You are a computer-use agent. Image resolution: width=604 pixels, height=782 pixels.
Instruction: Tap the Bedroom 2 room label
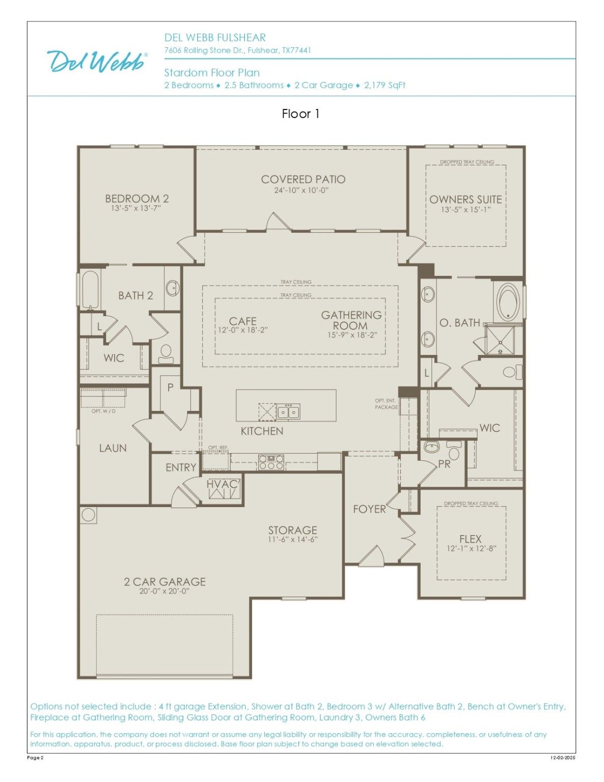(x=137, y=199)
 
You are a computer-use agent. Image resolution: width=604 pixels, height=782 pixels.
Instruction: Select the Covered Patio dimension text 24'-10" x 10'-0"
(x=301, y=190)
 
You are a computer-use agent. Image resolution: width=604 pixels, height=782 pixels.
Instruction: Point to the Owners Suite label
(x=465, y=200)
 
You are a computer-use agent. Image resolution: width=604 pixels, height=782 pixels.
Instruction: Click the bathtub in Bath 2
(x=89, y=289)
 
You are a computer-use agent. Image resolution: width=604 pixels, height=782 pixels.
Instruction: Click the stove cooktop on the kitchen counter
(x=271, y=462)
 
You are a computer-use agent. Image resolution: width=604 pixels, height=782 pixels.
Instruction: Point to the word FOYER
(x=369, y=509)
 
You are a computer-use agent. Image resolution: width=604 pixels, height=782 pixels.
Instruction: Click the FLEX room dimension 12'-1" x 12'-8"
(x=472, y=549)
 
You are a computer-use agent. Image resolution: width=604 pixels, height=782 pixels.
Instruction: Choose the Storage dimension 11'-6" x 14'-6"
(x=293, y=540)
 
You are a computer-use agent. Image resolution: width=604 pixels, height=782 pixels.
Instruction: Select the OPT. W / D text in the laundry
(x=103, y=411)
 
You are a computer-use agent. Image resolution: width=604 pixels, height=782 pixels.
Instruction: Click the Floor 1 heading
(x=300, y=114)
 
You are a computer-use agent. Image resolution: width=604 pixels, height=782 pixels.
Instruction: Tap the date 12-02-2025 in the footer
(x=563, y=758)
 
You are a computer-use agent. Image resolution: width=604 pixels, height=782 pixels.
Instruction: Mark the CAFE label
(x=243, y=321)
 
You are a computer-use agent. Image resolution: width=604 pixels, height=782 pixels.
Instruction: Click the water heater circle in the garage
(x=88, y=515)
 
